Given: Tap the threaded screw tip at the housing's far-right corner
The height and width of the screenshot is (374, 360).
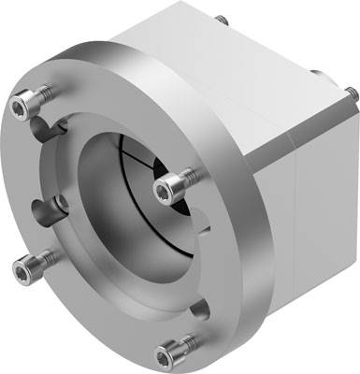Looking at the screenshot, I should [349, 92].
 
